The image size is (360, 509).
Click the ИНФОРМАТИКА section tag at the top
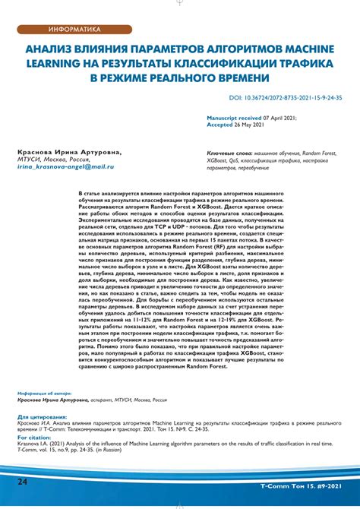tap(74, 30)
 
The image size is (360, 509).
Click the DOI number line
tap(279, 98)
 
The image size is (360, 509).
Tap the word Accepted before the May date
tap(223, 125)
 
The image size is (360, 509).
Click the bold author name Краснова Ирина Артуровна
tap(68, 153)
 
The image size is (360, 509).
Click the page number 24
tap(23, 482)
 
